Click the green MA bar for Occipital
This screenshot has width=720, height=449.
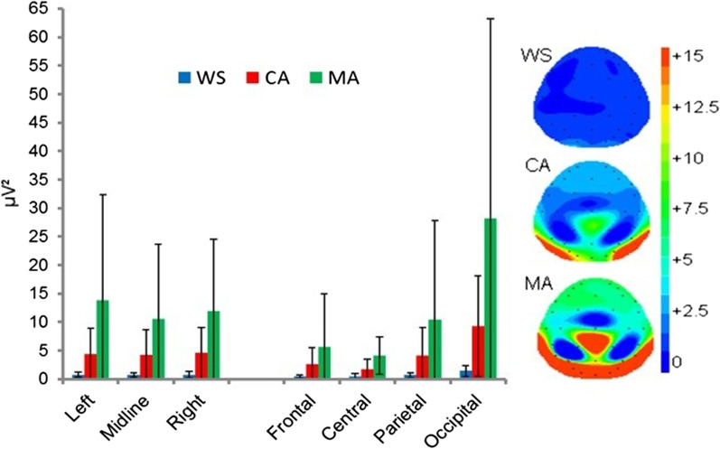click(464, 298)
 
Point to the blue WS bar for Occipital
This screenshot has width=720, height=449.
click(439, 373)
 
